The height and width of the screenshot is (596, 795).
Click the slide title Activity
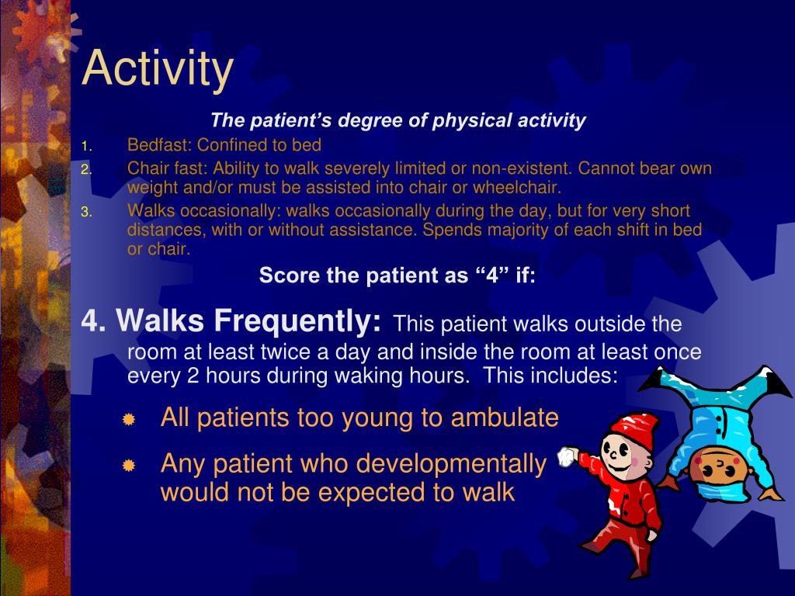(x=158, y=68)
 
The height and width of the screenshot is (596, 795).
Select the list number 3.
(x=86, y=212)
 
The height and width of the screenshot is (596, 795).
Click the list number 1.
(x=86, y=146)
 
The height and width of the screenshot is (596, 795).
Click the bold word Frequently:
(x=298, y=320)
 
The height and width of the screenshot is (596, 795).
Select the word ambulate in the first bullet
(x=504, y=418)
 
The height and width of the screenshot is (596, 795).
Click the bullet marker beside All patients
(x=129, y=420)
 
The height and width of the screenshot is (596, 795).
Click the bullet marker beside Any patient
(x=129, y=466)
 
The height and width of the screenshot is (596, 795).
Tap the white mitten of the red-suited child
(x=568, y=456)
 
